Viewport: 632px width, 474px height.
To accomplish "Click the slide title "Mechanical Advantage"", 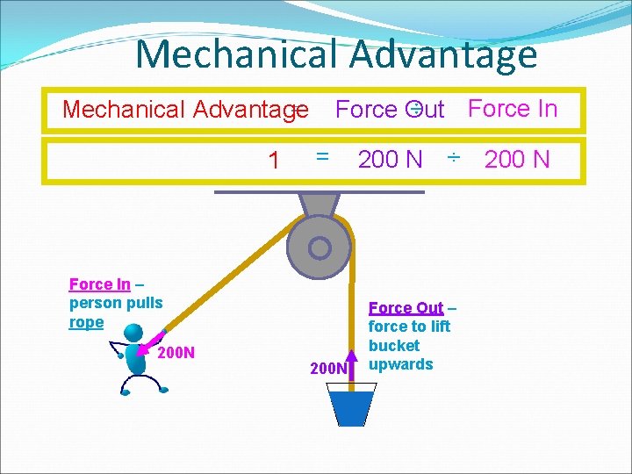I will pos(335,54).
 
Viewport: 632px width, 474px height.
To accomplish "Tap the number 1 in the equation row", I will pos(274,161).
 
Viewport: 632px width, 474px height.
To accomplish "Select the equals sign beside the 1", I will pos(322,155).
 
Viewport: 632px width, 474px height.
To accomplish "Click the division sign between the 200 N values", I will pos(453,158).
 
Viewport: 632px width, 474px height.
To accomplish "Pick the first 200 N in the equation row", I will pos(390,159).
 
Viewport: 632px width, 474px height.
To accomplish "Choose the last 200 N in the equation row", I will pos(517,159).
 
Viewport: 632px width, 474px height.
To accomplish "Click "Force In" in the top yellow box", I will pos(513,109).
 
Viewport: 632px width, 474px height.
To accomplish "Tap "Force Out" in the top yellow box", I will pos(390,110).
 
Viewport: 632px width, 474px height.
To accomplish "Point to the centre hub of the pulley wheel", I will pos(320,248).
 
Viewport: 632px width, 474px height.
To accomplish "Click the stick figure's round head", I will pos(133,333).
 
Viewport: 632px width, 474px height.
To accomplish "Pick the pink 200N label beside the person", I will pos(176,354).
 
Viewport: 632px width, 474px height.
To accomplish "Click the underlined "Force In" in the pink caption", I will pos(99,284).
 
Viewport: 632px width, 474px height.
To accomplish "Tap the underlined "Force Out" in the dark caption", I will pos(406,308).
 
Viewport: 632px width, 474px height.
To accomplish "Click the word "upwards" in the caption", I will pos(400,364).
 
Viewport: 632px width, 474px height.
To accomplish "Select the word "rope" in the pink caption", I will pos(86,322).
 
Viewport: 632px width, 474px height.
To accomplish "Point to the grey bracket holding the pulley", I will pos(320,204).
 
